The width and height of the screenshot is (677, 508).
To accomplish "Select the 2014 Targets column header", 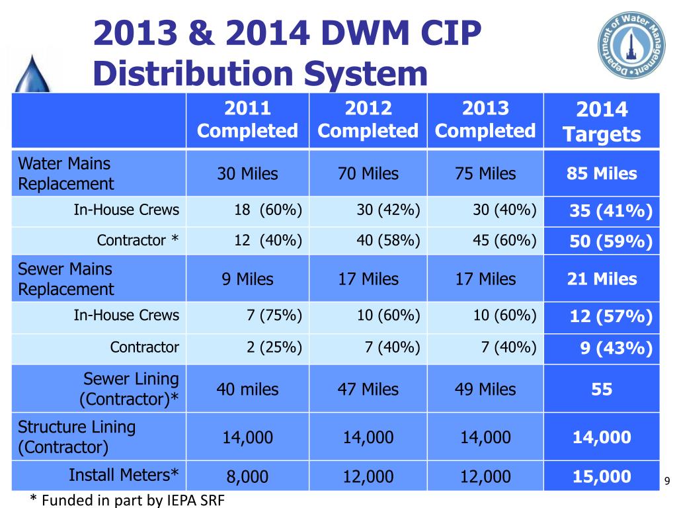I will (602, 122).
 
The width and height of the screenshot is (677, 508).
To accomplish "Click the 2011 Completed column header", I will (247, 120).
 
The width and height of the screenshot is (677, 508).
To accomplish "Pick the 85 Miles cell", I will (602, 174).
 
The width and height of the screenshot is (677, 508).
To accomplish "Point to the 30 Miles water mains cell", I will (247, 174).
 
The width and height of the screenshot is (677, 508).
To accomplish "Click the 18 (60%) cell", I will (268, 210).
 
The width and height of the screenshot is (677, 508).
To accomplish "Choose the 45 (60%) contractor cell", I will (504, 241).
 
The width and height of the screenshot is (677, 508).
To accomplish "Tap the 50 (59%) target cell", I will (611, 242).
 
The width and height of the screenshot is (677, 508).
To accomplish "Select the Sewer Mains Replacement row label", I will (65, 279).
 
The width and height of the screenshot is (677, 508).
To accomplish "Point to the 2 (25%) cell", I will (274, 347).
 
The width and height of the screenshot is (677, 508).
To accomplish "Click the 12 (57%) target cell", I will (611, 317).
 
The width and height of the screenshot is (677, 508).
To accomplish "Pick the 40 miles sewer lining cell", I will (247, 390).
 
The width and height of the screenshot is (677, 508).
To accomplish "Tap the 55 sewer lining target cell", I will (602, 390).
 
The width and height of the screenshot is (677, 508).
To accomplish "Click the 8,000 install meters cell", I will (247, 476).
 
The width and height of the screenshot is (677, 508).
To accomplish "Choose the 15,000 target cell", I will (602, 476).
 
